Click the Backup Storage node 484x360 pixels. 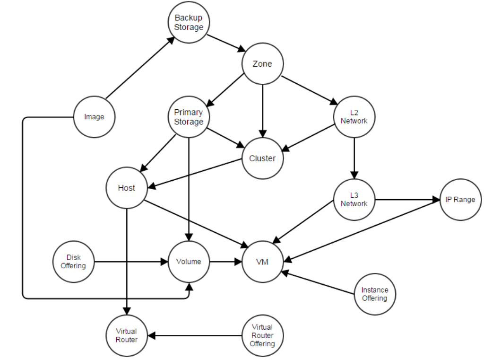pyautogui.click(x=189, y=22)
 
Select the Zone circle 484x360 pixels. pyautogui.click(x=262, y=64)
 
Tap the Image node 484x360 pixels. pyautogui.click(x=94, y=117)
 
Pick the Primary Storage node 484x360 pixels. pyautogui.click(x=189, y=117)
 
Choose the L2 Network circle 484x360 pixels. pyautogui.click(x=354, y=117)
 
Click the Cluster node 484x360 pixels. pyautogui.click(x=262, y=158)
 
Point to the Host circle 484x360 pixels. pyautogui.click(x=127, y=188)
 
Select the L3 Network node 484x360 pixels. pyautogui.click(x=354, y=199)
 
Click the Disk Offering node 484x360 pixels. pyautogui.click(x=74, y=262)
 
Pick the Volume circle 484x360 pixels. pyautogui.click(x=189, y=262)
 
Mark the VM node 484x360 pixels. pyautogui.click(x=262, y=262)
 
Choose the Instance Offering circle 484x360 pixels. pyautogui.click(x=374, y=294)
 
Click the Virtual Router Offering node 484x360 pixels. pyautogui.click(x=262, y=335)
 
